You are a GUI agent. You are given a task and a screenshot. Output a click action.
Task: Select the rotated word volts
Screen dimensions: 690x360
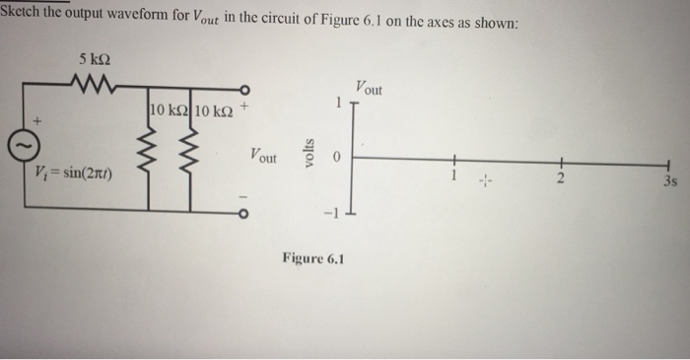309,156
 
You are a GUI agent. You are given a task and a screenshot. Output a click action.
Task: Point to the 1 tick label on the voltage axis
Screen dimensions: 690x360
337,102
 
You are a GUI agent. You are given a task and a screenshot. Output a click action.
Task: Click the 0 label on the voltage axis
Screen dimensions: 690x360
334,157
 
